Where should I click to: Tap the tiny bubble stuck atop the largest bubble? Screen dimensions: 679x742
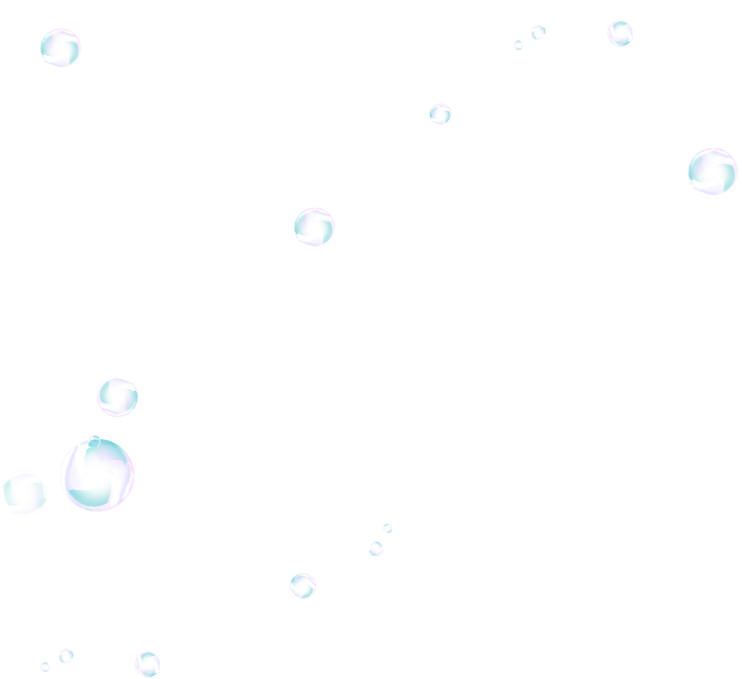point(93,438)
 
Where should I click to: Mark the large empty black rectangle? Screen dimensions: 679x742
point(609,545)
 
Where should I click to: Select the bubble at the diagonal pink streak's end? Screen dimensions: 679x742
point(619,32)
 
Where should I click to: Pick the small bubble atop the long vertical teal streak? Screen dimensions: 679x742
point(376,549)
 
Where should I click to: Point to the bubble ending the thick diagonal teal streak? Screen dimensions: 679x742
point(537,32)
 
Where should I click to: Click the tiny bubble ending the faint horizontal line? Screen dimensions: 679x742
point(387,528)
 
